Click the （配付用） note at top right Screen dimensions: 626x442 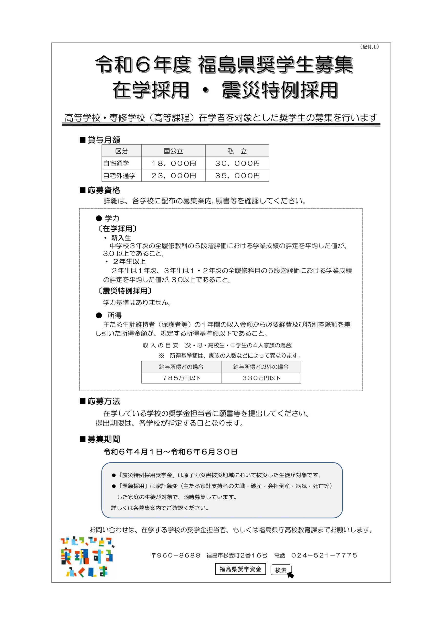pyautogui.click(x=369, y=47)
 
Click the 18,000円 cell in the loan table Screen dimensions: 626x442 pyautogui.click(x=173, y=163)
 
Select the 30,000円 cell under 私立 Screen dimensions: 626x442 pyautogui.click(x=237, y=163)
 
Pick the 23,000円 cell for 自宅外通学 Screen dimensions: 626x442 pyautogui.click(x=173, y=176)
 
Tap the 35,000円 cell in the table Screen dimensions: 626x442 pyautogui.click(x=237, y=176)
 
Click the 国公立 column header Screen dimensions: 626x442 pyautogui.click(x=173, y=151)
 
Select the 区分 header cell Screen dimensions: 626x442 pyautogui.click(x=121, y=151)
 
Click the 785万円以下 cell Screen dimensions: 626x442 pyautogui.click(x=181, y=378)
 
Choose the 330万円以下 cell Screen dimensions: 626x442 pyautogui.click(x=261, y=378)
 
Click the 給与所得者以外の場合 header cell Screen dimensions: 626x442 pyautogui.click(x=261, y=367)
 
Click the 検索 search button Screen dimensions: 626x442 pyautogui.click(x=281, y=570)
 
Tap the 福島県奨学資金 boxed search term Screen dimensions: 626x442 pyautogui.click(x=240, y=569)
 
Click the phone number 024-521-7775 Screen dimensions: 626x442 pyautogui.click(x=324, y=555)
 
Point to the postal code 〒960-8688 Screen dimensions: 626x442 pyautogui.click(x=176, y=555)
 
